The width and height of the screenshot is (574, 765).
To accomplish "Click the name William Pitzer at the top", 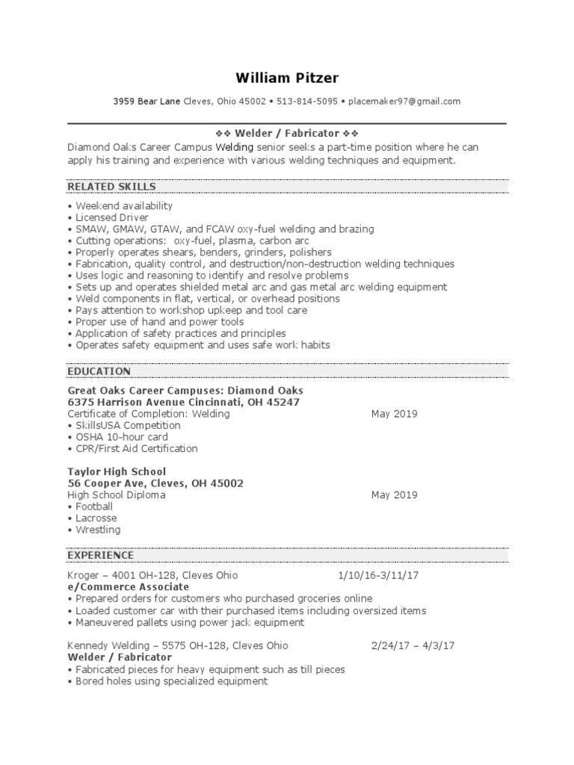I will pyautogui.click(x=286, y=77).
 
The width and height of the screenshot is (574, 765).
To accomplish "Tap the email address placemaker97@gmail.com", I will pyautogui.click(x=404, y=102).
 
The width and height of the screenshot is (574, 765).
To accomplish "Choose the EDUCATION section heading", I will pyautogui.click(x=99, y=371).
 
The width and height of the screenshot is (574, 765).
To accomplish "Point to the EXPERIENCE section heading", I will pyautogui.click(x=101, y=555).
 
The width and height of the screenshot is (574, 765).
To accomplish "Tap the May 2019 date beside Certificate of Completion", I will pyautogui.click(x=394, y=414).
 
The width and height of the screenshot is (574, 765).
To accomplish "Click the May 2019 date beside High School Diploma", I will pyautogui.click(x=394, y=495).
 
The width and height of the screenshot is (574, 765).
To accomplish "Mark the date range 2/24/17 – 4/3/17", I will pyautogui.click(x=413, y=645).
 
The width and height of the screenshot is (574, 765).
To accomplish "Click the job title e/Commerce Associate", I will pyautogui.click(x=117, y=587).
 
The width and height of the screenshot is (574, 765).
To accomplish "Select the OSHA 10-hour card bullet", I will pyautogui.click(x=121, y=437).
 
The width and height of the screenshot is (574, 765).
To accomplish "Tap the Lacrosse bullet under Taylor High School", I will pyautogui.click(x=96, y=518).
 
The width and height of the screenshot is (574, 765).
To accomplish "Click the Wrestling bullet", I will pyautogui.click(x=97, y=530).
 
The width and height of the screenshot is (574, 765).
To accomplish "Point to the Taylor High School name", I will pyautogui.click(x=117, y=471).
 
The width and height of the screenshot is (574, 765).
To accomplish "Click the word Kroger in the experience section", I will pyautogui.click(x=82, y=575).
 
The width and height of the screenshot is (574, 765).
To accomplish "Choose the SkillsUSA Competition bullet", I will pyautogui.click(x=128, y=425).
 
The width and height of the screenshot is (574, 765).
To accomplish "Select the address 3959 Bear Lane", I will pyautogui.click(x=146, y=102).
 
